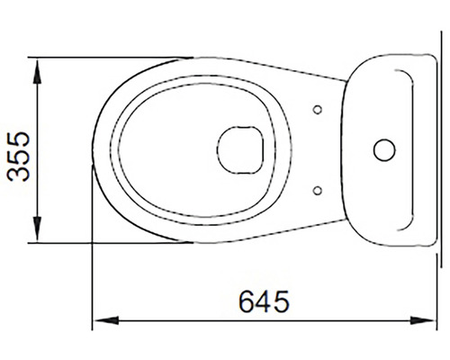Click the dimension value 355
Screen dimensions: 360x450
pyautogui.click(x=19, y=150)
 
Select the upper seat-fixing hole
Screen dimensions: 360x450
pyautogui.click(x=317, y=110)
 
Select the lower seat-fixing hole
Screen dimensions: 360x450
pyautogui.click(x=317, y=189)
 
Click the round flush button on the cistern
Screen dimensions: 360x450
pyautogui.click(x=384, y=149)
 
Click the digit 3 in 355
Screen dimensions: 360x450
pyautogui.click(x=19, y=172)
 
